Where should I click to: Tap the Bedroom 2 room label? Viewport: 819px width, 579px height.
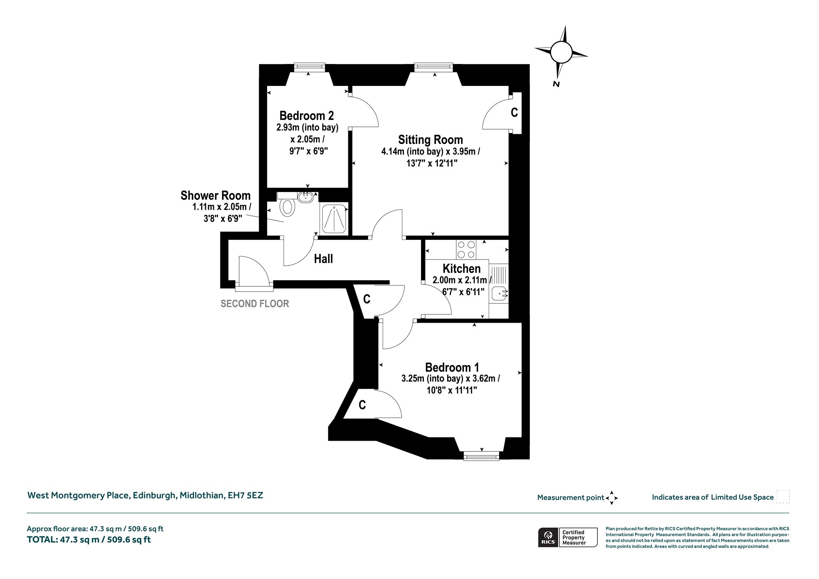[x=306, y=116]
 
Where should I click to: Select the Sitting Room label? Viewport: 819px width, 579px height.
[x=430, y=140]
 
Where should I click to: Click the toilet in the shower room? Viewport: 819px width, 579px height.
[x=287, y=208]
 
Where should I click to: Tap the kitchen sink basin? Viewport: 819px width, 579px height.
[x=499, y=294]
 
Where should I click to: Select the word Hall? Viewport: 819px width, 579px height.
[x=323, y=259]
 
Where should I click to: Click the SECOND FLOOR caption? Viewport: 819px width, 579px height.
[x=255, y=304]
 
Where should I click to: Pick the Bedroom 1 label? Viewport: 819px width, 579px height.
[x=452, y=367]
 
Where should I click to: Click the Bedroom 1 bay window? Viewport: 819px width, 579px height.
[x=481, y=455]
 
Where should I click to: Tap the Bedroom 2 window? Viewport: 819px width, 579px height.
[x=309, y=67]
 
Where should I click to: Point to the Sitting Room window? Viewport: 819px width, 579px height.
[x=433, y=67]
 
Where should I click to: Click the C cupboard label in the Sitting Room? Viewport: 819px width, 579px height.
[x=514, y=113]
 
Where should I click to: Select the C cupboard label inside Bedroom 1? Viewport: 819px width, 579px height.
[x=362, y=405]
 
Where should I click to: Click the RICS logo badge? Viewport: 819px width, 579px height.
[x=547, y=537]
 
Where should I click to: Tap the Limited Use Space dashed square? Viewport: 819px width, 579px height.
[x=783, y=497]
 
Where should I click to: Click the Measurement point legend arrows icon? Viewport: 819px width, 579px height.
[x=611, y=498]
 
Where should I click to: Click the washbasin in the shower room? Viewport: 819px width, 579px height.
[x=306, y=197]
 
